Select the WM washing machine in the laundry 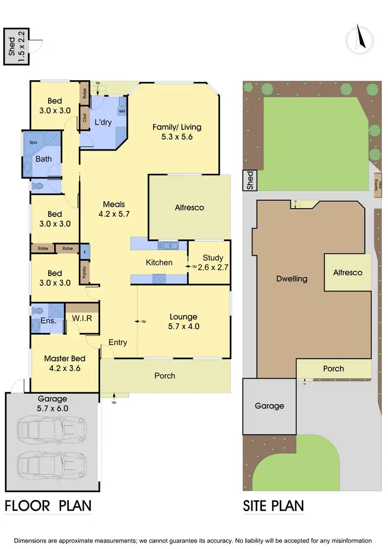pos(122,111)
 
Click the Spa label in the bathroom pos(33,142)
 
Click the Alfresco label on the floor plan pos(189,207)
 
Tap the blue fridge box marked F pos(84,253)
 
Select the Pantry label pos(84,272)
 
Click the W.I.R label pos(82,318)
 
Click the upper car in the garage pos(51,428)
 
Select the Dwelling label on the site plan pos(292,278)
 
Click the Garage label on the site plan pos(269,406)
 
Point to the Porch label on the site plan pos(333,368)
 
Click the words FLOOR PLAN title pos(48,505)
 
